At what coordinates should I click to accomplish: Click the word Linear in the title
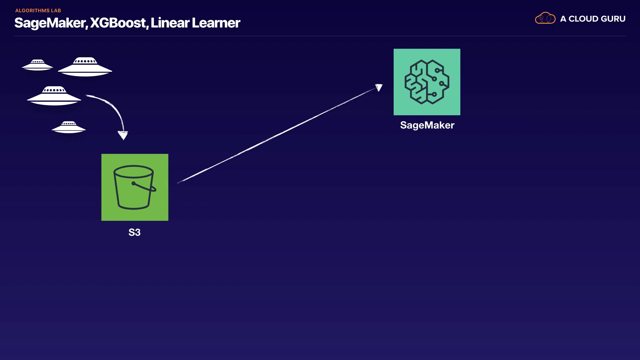[170, 23]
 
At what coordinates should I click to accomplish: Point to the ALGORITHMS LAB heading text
[38, 10]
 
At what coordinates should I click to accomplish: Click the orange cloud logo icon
[545, 18]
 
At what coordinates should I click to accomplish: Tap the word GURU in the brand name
[613, 19]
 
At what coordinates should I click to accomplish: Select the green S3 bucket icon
[135, 187]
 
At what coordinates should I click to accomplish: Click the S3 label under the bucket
[134, 232]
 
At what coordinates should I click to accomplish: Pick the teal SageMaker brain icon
[427, 82]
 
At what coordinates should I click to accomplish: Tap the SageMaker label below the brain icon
[427, 125]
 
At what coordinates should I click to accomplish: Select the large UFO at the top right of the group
[85, 67]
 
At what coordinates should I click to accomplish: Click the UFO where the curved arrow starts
[54, 96]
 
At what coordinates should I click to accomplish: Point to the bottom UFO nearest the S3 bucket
[69, 127]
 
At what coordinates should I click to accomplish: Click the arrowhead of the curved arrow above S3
[123, 135]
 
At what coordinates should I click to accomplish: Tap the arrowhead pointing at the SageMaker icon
[379, 87]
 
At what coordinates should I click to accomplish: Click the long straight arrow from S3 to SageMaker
[279, 134]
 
